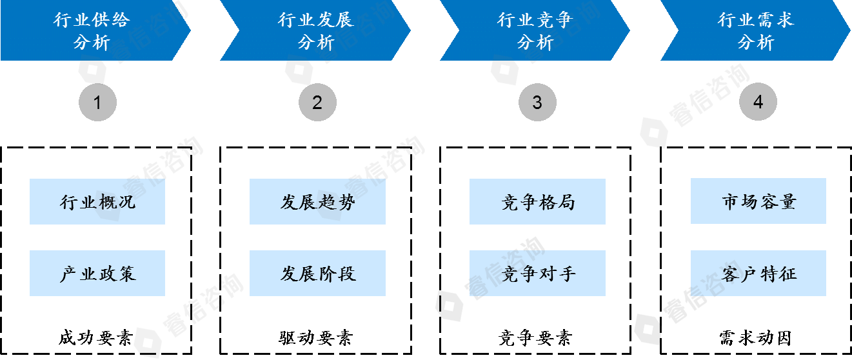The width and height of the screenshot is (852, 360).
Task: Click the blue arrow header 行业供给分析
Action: [92, 30]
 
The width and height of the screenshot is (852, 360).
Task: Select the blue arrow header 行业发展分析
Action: [315, 30]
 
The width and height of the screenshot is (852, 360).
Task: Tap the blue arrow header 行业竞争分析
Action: [535, 30]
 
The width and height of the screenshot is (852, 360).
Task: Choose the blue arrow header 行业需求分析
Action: [755, 30]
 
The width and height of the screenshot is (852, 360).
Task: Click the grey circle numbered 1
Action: [97, 102]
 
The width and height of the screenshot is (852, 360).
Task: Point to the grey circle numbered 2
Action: [317, 102]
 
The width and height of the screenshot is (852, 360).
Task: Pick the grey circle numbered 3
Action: [537, 102]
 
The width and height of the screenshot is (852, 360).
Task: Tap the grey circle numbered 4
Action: [758, 102]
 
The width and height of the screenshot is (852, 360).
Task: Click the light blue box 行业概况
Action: [97, 202]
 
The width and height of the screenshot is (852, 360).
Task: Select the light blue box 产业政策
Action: [97, 274]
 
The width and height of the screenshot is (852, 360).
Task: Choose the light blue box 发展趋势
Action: [317, 202]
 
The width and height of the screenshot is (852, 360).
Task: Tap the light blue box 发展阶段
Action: [317, 274]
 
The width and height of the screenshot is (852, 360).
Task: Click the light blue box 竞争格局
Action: [537, 202]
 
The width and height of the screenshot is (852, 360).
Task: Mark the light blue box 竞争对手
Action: [537, 274]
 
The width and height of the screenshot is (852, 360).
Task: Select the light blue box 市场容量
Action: [758, 202]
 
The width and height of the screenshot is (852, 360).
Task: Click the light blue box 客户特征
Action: [758, 274]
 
